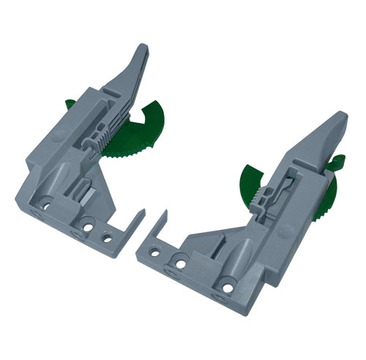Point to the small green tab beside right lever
[336, 163]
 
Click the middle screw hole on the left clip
[89, 227]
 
